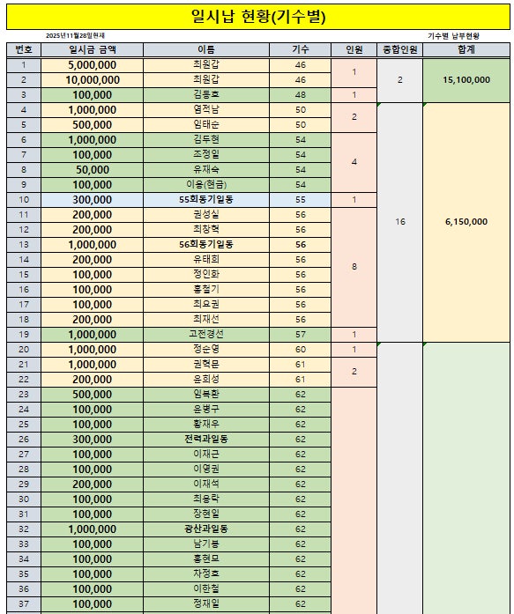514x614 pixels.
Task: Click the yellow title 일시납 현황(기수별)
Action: [x=257, y=15]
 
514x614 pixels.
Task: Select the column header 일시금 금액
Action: [x=93, y=50]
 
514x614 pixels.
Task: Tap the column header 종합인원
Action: [x=399, y=50]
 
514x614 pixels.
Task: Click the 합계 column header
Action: [x=466, y=50]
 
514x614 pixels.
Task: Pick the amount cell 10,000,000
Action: [x=93, y=80]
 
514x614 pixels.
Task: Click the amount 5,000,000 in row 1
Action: [x=93, y=65]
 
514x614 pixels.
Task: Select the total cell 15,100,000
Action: [x=466, y=80]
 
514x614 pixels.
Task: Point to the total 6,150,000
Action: [x=466, y=222]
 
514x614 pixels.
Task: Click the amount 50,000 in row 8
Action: [x=93, y=170]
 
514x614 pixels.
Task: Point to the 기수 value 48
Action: [x=301, y=95]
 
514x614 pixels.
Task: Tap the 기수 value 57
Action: [x=301, y=335]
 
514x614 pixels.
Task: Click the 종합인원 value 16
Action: [x=399, y=222]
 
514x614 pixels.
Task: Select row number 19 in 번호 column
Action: [x=23, y=335]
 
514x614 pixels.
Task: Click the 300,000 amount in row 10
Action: [x=93, y=200]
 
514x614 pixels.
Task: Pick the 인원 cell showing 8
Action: [x=354, y=267]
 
